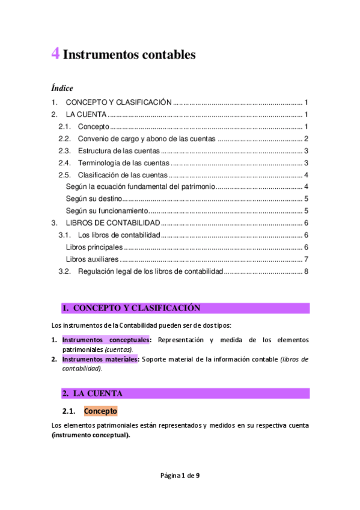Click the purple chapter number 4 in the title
(55, 54)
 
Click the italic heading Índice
(62, 88)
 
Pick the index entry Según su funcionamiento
(106, 210)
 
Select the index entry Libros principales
(94, 247)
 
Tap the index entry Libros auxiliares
(92, 259)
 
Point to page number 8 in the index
(306, 271)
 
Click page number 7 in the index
(306, 259)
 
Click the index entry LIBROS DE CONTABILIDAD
(112, 223)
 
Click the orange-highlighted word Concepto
(100, 411)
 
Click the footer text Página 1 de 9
(180, 475)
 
